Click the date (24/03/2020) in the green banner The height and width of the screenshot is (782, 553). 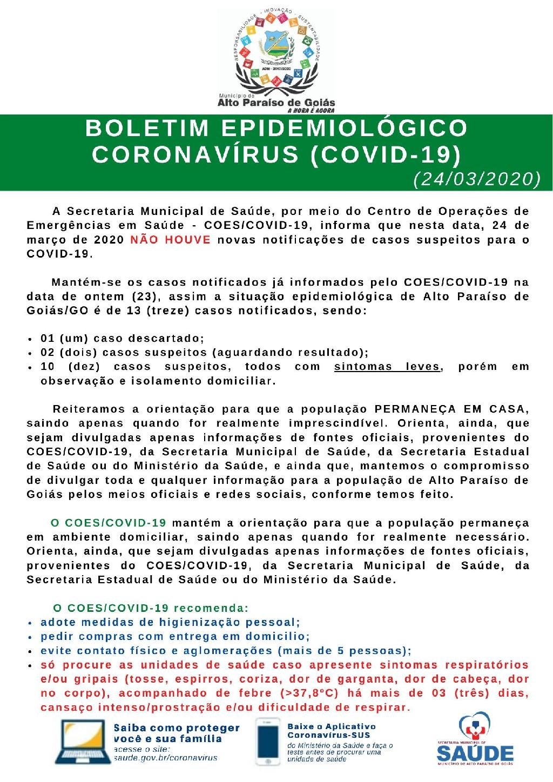(x=477, y=179)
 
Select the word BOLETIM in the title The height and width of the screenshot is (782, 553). (x=147, y=129)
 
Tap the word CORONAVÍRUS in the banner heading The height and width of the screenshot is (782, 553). (x=195, y=154)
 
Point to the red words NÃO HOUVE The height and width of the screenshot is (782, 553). (x=170, y=239)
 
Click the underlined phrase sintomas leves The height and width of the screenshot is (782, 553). (x=387, y=367)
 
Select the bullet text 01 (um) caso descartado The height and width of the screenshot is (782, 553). (x=122, y=339)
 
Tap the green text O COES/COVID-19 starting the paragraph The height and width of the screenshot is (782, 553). (x=109, y=523)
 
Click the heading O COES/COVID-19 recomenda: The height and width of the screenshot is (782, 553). (x=150, y=608)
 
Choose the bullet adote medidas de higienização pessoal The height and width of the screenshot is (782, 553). (x=170, y=622)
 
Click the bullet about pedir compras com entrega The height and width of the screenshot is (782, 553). (x=175, y=636)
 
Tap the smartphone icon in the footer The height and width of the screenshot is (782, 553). (x=268, y=741)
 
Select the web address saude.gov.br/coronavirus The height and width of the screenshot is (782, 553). (x=165, y=758)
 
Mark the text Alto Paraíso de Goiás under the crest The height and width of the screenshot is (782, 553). (x=275, y=103)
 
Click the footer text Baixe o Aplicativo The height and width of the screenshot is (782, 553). (x=332, y=727)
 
